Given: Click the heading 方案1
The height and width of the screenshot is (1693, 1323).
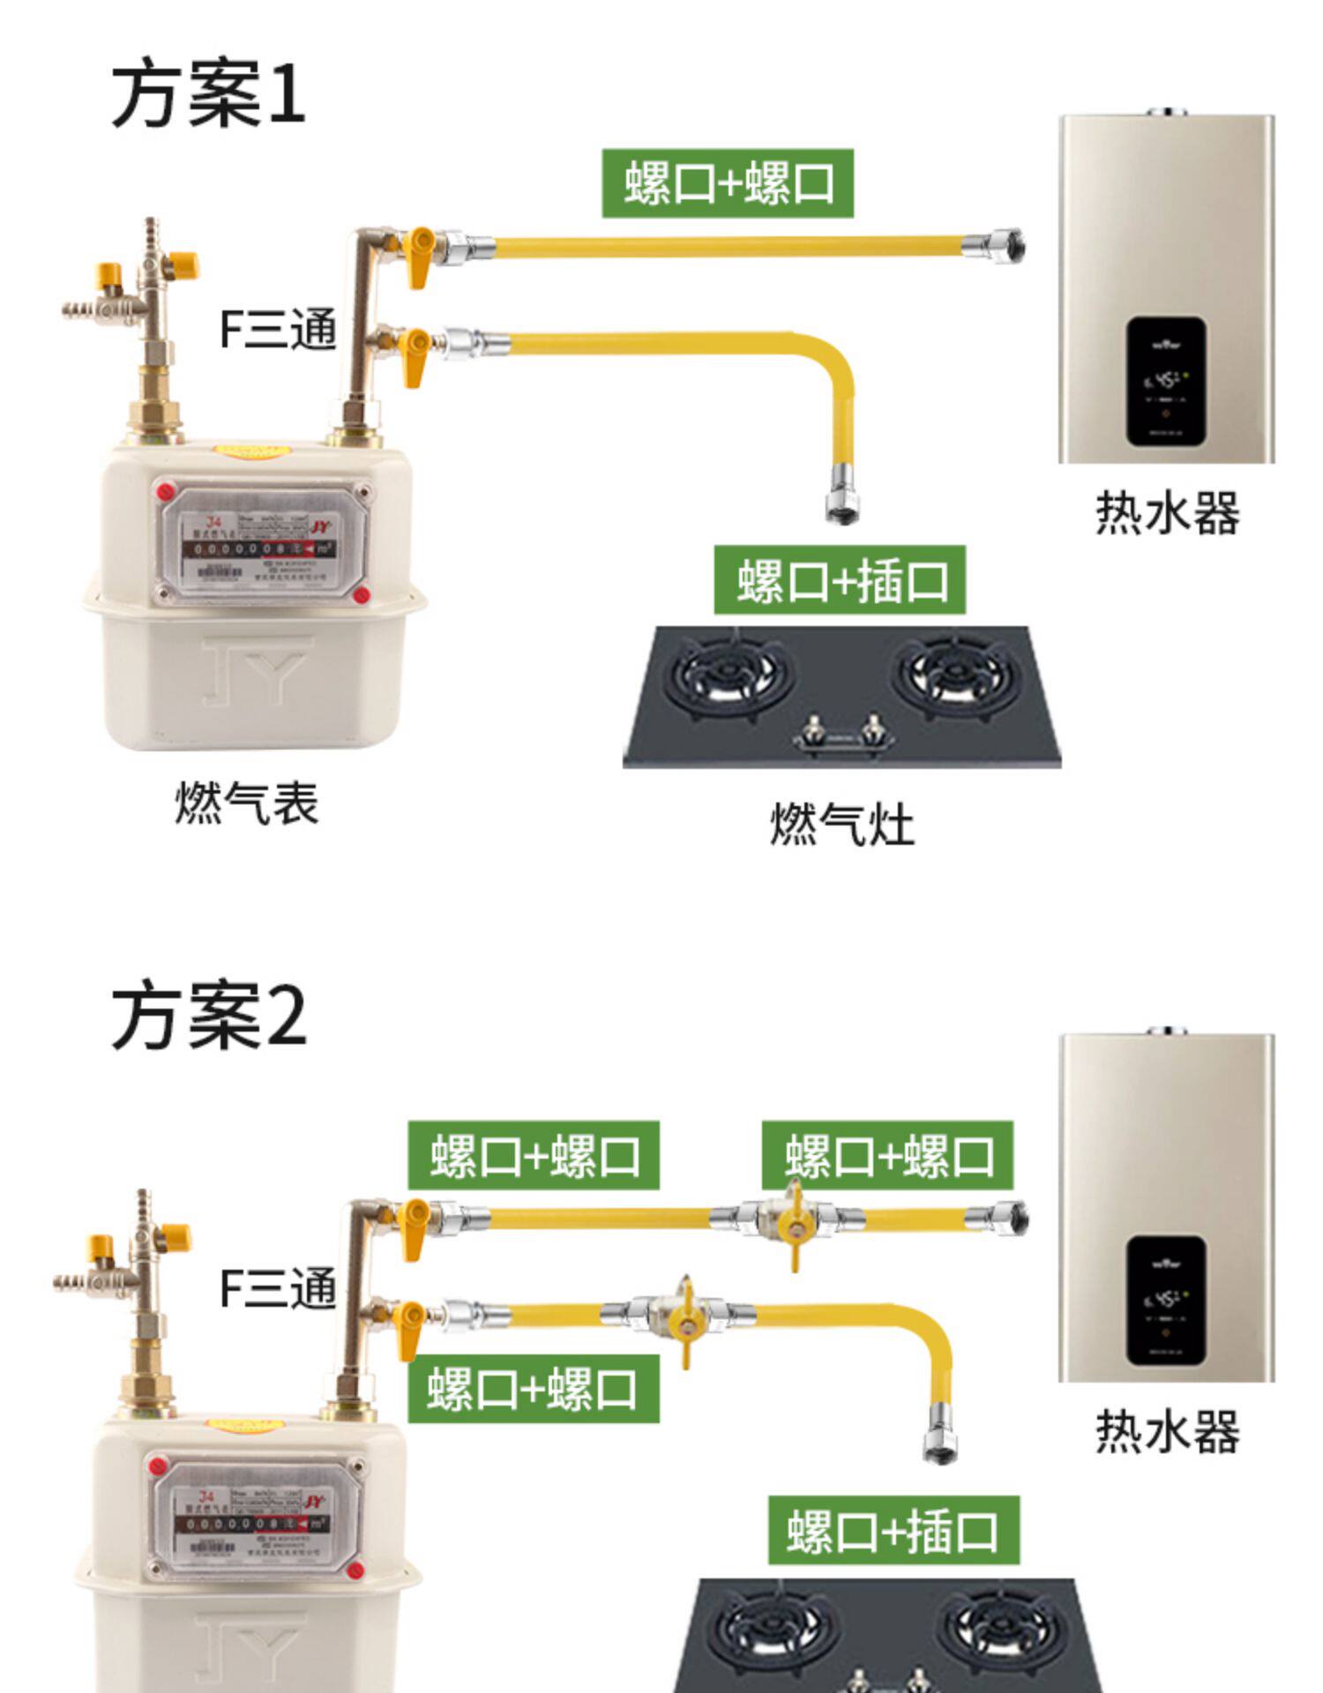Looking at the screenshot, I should [x=208, y=94].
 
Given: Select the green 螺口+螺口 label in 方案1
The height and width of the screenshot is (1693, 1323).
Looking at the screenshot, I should [x=728, y=183].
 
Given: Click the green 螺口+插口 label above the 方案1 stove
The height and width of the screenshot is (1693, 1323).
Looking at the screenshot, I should [x=840, y=580].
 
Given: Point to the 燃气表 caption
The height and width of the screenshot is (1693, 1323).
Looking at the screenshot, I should [x=246, y=803].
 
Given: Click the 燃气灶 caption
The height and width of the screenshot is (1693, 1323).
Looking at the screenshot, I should [x=841, y=824].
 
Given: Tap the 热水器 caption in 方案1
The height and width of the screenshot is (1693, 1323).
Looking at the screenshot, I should [x=1167, y=512].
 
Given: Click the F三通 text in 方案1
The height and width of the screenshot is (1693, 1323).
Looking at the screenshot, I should [x=278, y=329].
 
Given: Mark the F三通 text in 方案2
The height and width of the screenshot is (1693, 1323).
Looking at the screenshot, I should [x=278, y=1288].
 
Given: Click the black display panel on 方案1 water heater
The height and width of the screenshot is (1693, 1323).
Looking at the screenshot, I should [x=1166, y=381].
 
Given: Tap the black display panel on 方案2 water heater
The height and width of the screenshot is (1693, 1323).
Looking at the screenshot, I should [x=1166, y=1300].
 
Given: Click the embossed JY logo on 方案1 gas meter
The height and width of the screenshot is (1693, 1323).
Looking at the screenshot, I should [x=257, y=670].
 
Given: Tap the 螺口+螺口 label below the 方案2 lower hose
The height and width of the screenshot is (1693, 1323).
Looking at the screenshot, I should [x=533, y=1389].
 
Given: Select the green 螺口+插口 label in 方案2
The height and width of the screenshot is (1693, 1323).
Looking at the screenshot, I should [x=893, y=1531].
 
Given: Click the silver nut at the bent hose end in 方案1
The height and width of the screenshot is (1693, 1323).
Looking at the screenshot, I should [x=842, y=504].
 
